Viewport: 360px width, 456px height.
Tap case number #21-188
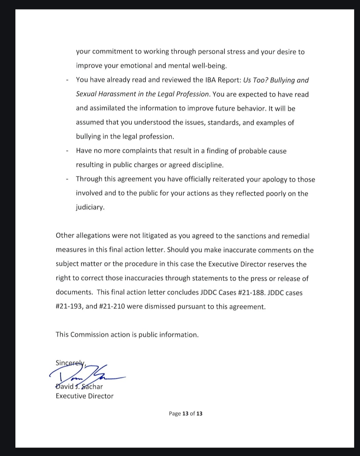247,292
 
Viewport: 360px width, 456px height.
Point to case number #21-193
69,307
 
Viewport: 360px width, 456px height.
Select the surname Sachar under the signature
92,387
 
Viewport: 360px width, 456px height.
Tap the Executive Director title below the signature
85,396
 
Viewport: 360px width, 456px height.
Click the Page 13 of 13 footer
185,414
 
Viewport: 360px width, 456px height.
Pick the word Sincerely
70,363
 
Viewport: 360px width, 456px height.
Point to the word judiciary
90,207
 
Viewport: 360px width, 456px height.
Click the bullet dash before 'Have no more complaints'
68,151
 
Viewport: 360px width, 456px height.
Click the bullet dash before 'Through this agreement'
68,180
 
